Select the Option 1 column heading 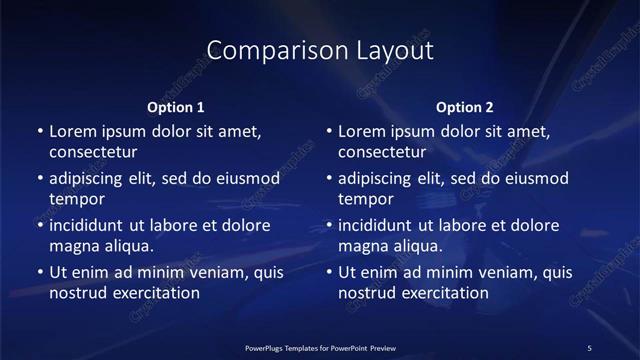coord(176,107)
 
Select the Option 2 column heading coord(465,107)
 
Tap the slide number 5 coord(589,347)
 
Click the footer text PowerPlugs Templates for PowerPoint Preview coord(320,347)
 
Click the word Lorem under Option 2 coord(362,131)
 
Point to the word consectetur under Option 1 coord(93,152)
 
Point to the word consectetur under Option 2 coord(382,152)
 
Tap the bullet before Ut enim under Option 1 coord(39,272)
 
